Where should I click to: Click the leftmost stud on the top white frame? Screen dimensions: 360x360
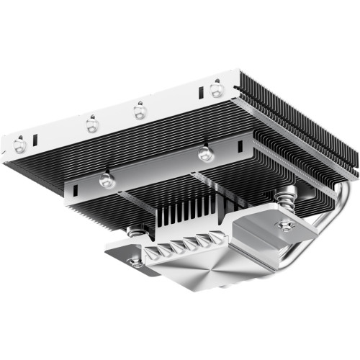(19, 145)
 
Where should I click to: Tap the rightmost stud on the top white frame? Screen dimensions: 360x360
(215, 89)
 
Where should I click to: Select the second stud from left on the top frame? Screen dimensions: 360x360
(91, 125)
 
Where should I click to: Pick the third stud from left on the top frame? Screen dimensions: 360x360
(138, 111)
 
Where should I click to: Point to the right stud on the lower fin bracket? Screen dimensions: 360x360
(205, 153)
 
